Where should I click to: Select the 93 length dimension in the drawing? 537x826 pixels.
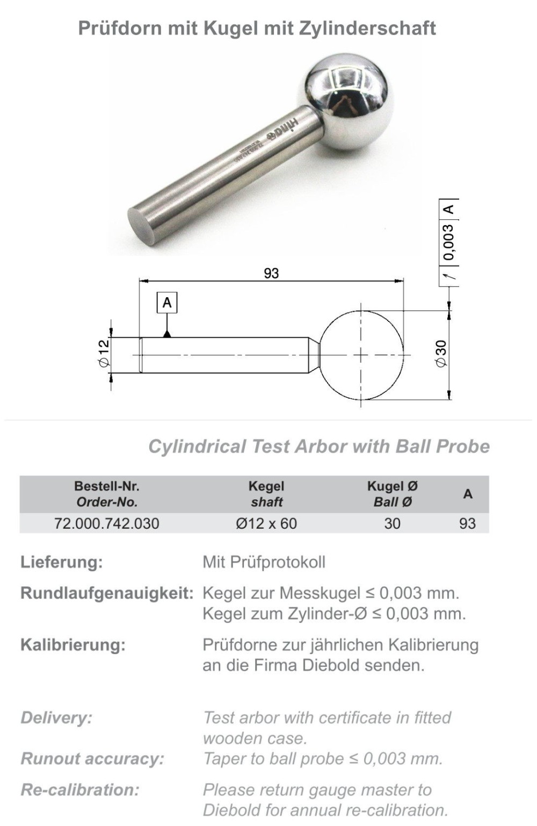tap(271, 273)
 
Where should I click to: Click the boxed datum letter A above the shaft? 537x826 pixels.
tap(167, 303)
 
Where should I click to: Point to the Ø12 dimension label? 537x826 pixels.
tap(104, 353)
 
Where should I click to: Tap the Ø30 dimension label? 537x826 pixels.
tap(441, 354)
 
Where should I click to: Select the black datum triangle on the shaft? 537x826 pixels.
tap(167, 334)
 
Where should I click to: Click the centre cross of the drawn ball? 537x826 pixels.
tap(361, 355)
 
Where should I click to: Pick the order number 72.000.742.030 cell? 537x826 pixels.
tap(106, 523)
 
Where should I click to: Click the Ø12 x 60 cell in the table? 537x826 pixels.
tap(266, 523)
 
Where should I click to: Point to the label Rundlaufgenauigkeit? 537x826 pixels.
tap(107, 593)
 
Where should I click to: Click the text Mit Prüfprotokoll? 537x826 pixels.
tap(264, 562)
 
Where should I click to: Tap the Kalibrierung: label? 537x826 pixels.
tap(73, 644)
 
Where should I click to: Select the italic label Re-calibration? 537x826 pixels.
tap(80, 789)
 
